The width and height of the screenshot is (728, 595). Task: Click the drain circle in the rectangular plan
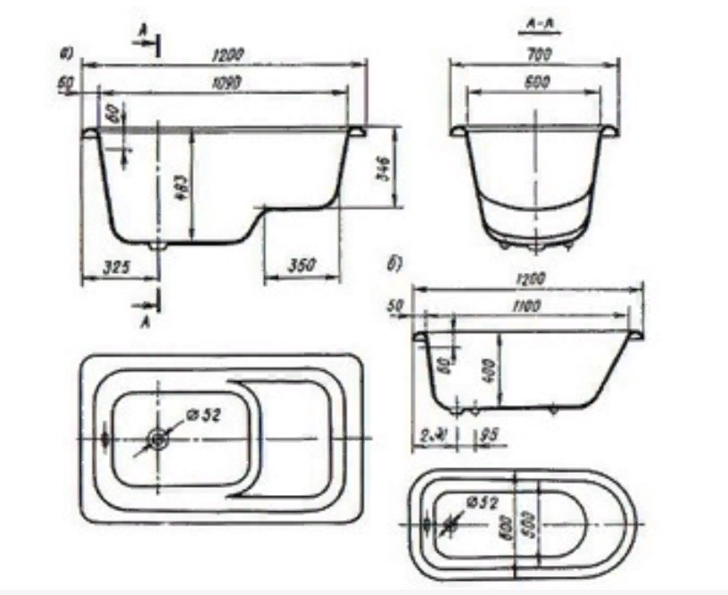[x=159, y=439]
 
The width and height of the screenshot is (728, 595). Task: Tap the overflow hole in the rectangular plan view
[x=106, y=439]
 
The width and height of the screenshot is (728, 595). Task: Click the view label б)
[x=393, y=264]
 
